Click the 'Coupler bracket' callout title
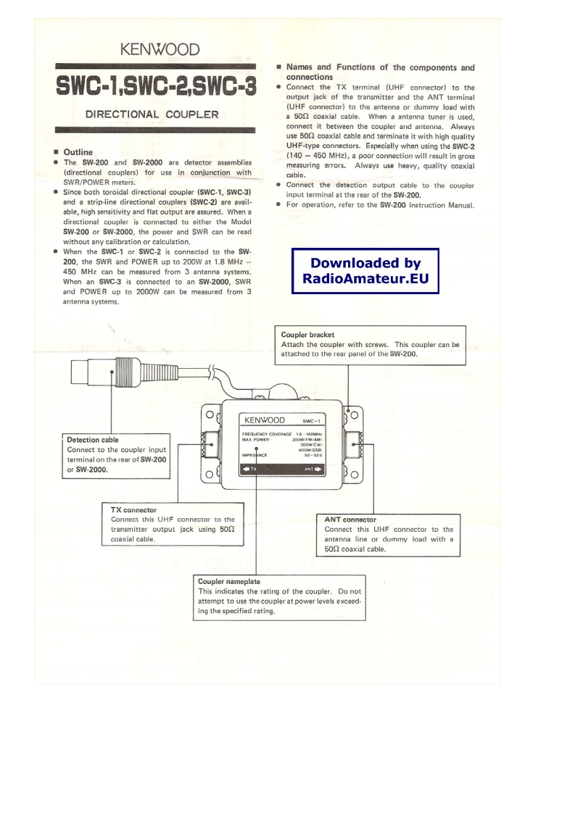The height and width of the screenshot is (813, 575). pos(307,335)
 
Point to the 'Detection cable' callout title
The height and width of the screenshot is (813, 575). pos(92,440)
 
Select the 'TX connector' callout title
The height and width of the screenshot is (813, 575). pos(133,509)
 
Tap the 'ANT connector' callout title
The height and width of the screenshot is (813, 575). pos(350,519)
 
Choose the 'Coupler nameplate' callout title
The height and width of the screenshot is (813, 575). pos(229,581)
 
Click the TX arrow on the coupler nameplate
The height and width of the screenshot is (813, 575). pos(249,470)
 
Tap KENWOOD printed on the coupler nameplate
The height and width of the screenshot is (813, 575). pos(264,420)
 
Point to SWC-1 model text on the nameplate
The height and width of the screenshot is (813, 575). pos(313,420)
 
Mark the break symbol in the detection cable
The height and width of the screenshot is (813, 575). pos(210,375)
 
